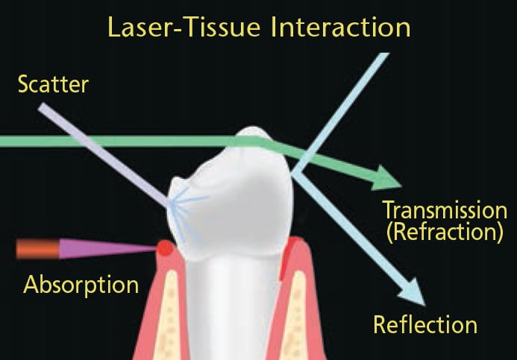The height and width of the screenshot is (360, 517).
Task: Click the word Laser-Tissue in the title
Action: pos(185,27)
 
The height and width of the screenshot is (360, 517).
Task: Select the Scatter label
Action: pos(53,84)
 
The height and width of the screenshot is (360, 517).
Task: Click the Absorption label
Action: pos(81,285)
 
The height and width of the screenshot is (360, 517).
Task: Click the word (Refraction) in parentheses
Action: pos(445,232)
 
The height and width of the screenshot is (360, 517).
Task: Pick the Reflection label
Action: pos(425,325)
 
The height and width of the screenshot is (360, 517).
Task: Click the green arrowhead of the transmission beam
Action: pos(386,178)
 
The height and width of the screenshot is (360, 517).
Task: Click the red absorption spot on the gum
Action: pos(165,248)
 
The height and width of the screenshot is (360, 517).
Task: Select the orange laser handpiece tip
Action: pos(38,249)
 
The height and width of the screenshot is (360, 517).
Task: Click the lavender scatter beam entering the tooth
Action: pos(104,155)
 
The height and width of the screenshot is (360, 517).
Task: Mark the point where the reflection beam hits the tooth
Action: pos(292,173)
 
